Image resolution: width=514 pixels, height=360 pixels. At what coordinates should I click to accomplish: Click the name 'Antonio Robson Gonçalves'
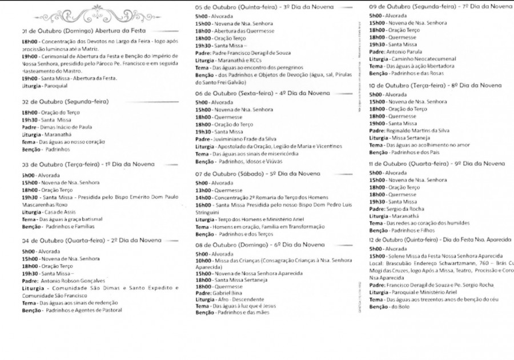pyautogui.click(x=73, y=281)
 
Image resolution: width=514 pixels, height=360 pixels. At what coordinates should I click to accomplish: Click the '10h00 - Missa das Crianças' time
pyautogui.click(x=203, y=261)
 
